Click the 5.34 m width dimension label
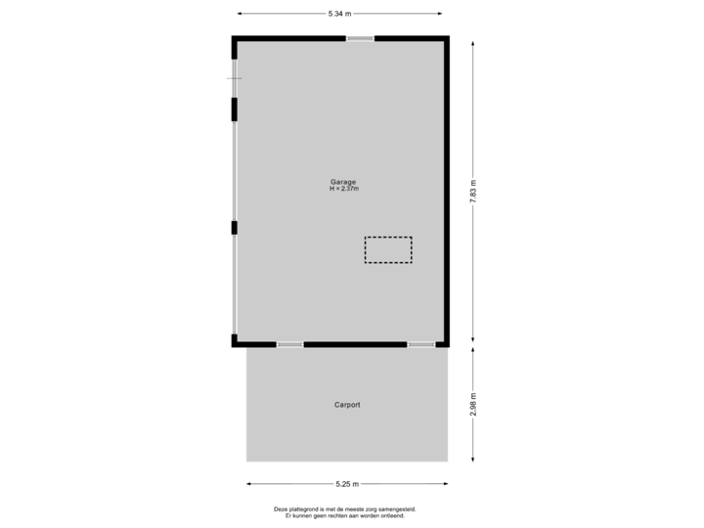(x=339, y=14)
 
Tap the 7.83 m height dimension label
(x=474, y=191)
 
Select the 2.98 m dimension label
(x=474, y=405)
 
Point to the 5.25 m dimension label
(x=347, y=483)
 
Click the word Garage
(x=343, y=181)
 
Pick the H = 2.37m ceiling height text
(x=343, y=188)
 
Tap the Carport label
(x=347, y=404)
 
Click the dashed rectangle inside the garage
(x=388, y=249)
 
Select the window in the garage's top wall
(x=360, y=38)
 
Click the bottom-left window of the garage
(x=289, y=344)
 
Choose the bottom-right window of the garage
(x=421, y=344)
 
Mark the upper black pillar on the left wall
(x=234, y=109)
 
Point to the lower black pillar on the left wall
(x=234, y=228)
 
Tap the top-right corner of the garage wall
(x=448, y=38)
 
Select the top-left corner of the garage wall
(x=235, y=38)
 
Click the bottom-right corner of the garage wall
(x=448, y=343)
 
